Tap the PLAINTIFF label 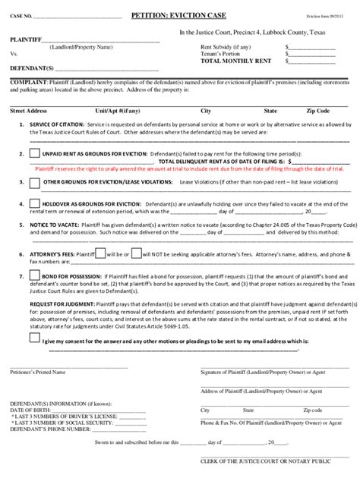[24, 38]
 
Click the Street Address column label [30, 110]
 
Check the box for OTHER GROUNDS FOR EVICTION [36, 184]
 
